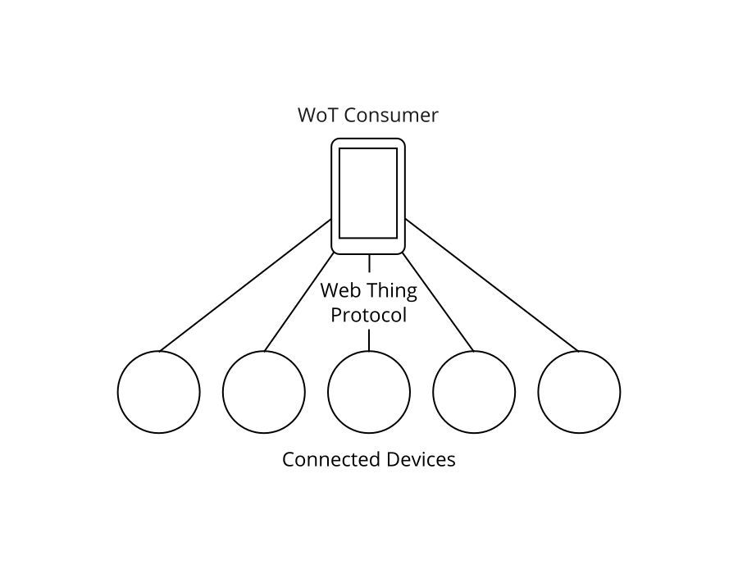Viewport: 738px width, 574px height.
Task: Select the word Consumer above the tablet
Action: pos(391,115)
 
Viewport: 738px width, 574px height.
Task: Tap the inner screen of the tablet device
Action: pos(368,193)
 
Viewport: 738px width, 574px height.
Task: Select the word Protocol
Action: pos(368,315)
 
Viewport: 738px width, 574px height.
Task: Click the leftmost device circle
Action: pos(158,392)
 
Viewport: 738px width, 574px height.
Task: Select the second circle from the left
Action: pos(263,392)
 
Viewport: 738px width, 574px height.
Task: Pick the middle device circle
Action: pos(368,392)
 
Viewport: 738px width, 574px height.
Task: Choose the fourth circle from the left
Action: pos(474,392)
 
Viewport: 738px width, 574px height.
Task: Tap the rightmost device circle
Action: pos(579,392)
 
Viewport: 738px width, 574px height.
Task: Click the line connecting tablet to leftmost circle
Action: pos(245,285)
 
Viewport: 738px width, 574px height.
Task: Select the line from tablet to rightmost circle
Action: pos(492,285)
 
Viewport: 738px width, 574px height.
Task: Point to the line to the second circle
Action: pos(298,303)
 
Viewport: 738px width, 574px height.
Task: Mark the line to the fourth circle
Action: pos(438,303)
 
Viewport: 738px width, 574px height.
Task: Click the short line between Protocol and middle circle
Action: pos(368,339)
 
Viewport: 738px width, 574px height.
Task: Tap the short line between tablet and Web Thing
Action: pos(368,263)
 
